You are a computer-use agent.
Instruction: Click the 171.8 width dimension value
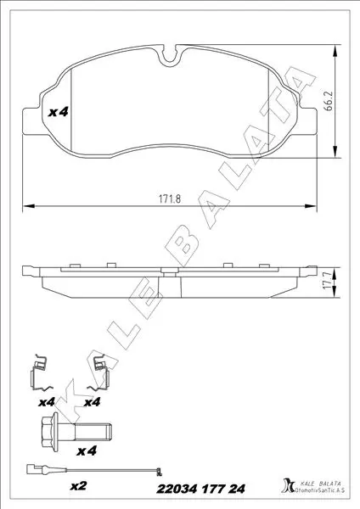(169, 199)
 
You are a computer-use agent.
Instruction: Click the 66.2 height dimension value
(329, 101)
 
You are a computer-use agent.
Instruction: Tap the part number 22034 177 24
(200, 489)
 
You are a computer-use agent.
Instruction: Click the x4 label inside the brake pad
(58, 112)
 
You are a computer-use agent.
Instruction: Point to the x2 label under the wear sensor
(79, 486)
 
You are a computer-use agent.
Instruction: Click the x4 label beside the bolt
(87, 450)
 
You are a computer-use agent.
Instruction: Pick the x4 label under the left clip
(47, 402)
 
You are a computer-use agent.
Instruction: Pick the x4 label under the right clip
(92, 402)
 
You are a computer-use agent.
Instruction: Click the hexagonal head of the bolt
(48, 432)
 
